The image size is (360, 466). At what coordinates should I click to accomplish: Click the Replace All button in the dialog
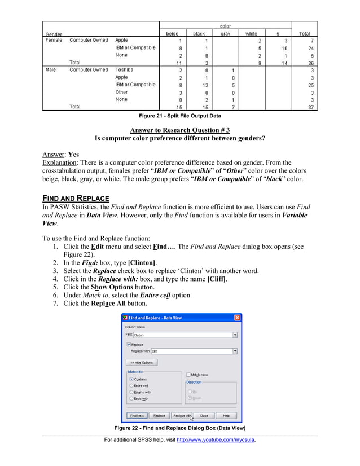(x=182, y=415)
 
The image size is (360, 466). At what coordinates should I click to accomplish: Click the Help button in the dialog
(x=226, y=415)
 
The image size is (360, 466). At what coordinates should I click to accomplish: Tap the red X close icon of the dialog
(x=238, y=318)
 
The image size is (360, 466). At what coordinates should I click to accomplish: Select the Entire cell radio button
(x=131, y=385)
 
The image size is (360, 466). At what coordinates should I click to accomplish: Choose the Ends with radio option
(x=131, y=398)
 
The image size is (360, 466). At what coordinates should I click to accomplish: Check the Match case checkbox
(x=188, y=375)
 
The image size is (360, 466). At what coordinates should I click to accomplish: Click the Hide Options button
(x=141, y=362)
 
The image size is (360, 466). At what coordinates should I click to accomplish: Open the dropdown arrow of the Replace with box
(x=234, y=351)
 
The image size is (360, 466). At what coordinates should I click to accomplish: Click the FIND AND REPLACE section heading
(x=76, y=199)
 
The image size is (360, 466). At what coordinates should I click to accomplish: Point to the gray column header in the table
(x=225, y=34)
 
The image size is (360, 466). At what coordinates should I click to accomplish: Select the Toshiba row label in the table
(x=125, y=70)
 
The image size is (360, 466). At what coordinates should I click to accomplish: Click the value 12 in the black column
(x=199, y=85)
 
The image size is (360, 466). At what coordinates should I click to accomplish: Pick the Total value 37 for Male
(x=304, y=107)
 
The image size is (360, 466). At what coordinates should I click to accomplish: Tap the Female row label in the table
(x=54, y=41)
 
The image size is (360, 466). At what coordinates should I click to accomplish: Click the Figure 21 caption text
(x=180, y=116)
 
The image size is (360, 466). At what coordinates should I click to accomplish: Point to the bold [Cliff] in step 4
(x=218, y=279)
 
